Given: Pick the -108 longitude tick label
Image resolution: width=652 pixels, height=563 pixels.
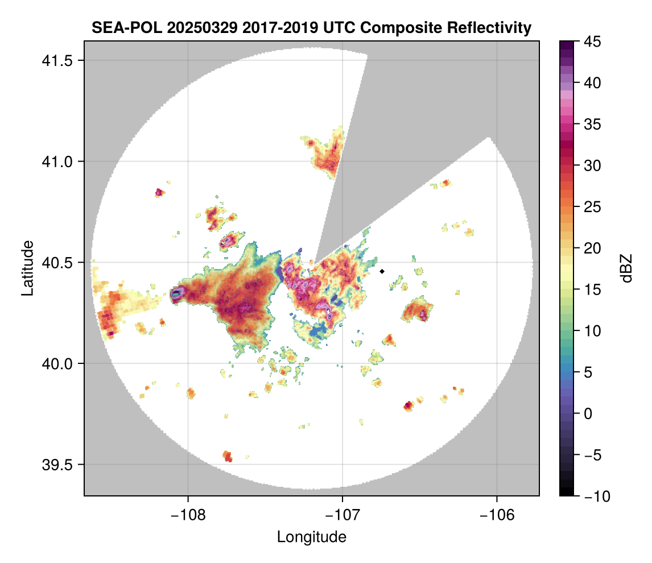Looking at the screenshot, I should pyautogui.click(x=187, y=515).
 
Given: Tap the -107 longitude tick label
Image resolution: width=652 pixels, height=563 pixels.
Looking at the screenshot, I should pyautogui.click(x=342, y=515).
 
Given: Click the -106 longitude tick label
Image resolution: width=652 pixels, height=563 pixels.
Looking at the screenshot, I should pyautogui.click(x=497, y=515).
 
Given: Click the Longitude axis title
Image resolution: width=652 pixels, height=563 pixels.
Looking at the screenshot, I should pyautogui.click(x=311, y=536).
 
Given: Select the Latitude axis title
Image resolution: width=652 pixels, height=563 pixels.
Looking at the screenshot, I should pyautogui.click(x=27, y=268).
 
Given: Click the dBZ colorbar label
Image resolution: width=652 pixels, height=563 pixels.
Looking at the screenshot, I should pyautogui.click(x=626, y=268).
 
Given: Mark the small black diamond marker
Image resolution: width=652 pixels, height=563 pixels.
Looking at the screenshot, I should pyautogui.click(x=382, y=271).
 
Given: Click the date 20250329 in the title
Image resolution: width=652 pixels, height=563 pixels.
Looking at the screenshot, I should pyautogui.click(x=196, y=28).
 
